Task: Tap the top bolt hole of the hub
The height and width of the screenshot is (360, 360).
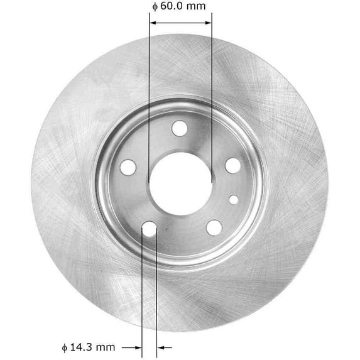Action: point(178,128)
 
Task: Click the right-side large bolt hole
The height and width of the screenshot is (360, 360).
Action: point(232,165)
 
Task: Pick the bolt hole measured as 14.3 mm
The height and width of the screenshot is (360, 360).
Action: point(150,230)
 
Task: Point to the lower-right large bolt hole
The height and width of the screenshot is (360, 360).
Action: point(214,227)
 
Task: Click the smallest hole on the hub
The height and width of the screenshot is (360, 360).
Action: point(234,200)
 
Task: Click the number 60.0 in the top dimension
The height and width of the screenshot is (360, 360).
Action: point(173,7)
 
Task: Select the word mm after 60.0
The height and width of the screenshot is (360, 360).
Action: point(197,7)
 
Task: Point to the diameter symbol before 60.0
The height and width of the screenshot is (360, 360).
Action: point(154,8)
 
